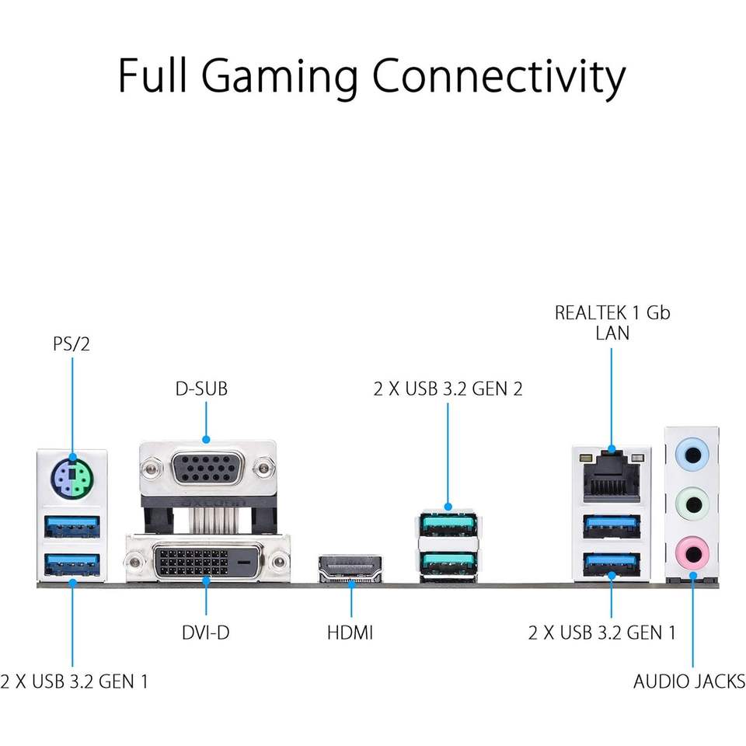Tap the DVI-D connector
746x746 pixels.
(207, 561)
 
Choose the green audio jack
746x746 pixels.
(692, 503)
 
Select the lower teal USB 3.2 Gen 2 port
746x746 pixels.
(448, 562)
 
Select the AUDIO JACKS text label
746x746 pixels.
(689, 682)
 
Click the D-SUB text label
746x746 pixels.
(201, 389)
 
